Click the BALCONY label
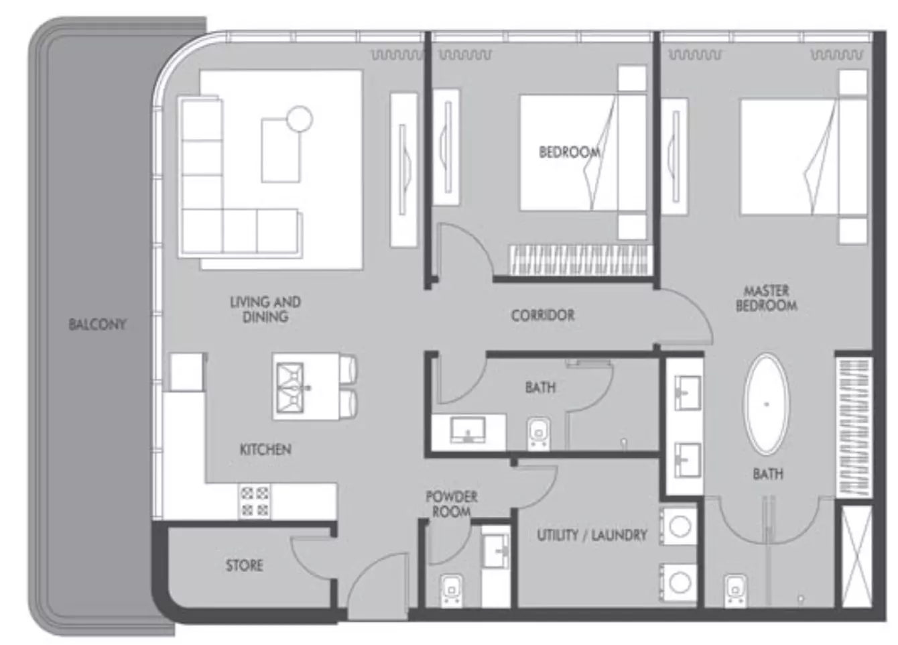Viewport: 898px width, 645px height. pos(97,324)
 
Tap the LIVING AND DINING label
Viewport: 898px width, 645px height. pos(265,309)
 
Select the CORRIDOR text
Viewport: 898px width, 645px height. pos(543,315)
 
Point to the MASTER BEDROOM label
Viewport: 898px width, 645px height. pos(767,298)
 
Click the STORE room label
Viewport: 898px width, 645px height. pos(245,566)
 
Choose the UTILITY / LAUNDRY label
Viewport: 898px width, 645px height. pos(592,535)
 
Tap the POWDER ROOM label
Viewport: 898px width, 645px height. pos(452,504)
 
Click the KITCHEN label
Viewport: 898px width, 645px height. pos(265,449)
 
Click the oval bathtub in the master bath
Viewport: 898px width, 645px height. pos(767,404)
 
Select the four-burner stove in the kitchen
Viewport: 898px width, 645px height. pos(255,502)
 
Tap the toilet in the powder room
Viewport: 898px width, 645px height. pos(452,589)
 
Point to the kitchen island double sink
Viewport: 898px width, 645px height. pos(290,388)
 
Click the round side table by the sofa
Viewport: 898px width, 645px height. pos(300,119)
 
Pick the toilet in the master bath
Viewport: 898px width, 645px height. pos(735,590)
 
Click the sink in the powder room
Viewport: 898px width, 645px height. pos(495,552)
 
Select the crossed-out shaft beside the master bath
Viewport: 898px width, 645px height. pos(856,556)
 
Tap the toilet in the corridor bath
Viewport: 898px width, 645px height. pos(539,434)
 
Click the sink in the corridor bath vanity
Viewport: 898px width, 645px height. pos(468,430)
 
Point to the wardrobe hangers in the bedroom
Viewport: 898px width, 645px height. pos(578,260)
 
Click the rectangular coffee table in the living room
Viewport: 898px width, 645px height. pos(280,150)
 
